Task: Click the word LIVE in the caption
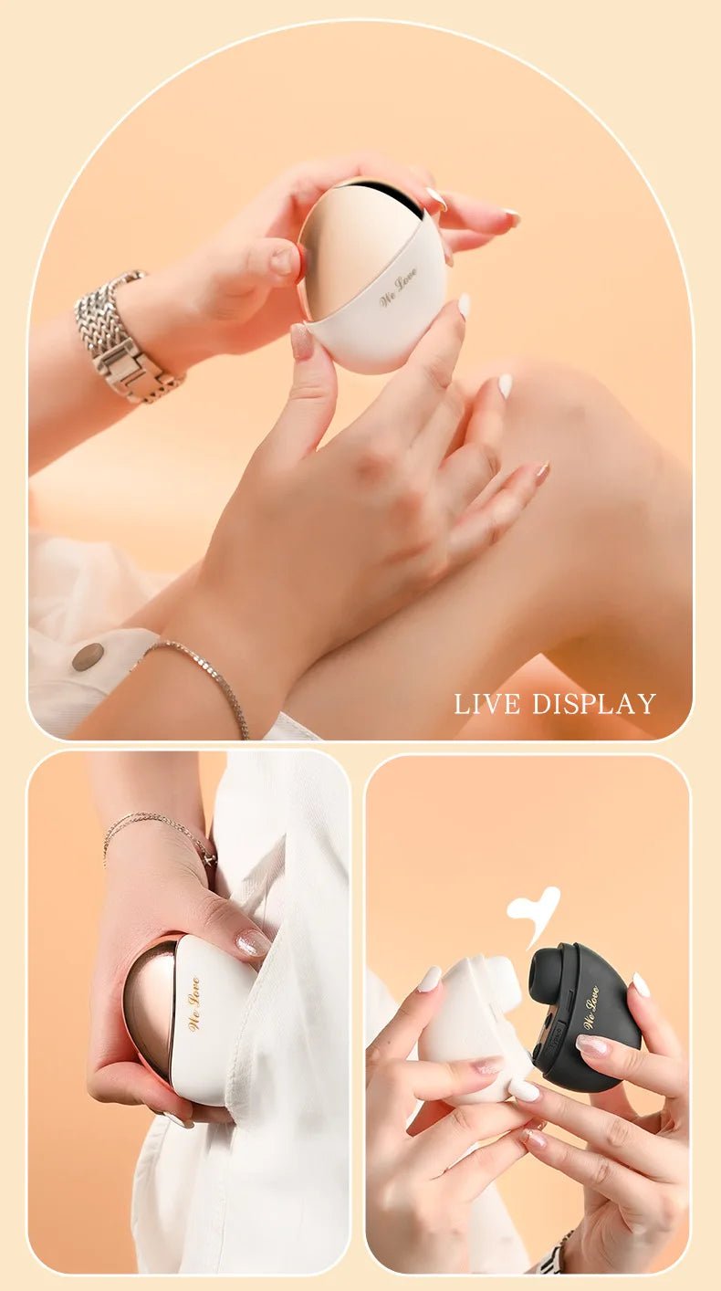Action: point(487,704)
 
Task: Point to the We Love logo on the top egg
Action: point(398,288)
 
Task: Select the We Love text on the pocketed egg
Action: point(193,1003)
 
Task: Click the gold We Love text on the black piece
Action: point(591,1007)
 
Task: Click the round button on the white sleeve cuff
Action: point(88,656)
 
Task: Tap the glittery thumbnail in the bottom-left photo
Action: point(252,942)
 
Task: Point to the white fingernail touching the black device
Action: point(642,985)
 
